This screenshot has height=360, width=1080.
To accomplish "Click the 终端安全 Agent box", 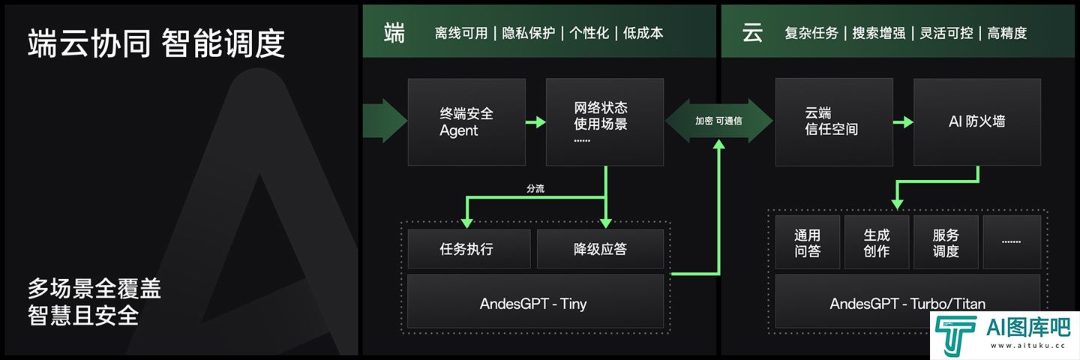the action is [x=466, y=122].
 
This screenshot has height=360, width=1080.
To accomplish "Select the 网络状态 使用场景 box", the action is [x=604, y=122].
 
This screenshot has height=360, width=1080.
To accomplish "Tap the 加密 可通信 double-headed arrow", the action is [x=718, y=121].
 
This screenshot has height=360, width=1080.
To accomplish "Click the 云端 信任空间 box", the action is [x=834, y=122].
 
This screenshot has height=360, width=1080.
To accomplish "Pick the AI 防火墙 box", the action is [x=977, y=122].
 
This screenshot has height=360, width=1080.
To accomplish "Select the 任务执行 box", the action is [x=469, y=249].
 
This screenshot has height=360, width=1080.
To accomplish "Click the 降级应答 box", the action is [x=600, y=249].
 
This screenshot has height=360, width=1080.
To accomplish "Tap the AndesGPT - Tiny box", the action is [x=535, y=301].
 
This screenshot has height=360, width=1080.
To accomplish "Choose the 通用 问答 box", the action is [x=808, y=242].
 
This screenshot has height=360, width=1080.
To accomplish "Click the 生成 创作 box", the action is [x=877, y=242].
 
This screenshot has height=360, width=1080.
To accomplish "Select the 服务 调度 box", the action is [x=946, y=242].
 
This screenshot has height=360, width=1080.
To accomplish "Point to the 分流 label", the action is [x=535, y=188].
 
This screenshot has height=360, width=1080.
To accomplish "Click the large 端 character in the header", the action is [x=394, y=33].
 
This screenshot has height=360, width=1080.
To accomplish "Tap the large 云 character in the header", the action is [x=753, y=33].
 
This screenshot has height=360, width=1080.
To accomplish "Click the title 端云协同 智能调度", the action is [x=156, y=43].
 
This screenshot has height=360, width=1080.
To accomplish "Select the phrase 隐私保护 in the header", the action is [x=529, y=33].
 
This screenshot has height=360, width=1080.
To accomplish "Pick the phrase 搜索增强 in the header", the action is [x=879, y=33].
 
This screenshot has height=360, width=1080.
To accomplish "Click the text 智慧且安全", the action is [x=83, y=316].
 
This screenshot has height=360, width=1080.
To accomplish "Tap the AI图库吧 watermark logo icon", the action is [x=955, y=335].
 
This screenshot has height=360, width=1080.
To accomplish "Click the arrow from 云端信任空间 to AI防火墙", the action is [x=903, y=122].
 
